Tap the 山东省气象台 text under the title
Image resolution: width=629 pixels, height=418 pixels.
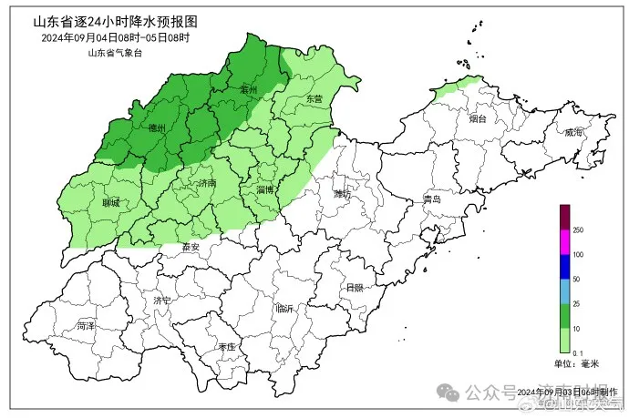click(115, 53)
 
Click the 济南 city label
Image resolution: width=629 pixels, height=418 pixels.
click(207, 183)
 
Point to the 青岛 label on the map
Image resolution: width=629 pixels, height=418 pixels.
click(432, 199)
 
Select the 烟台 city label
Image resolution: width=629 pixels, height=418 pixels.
click(479, 118)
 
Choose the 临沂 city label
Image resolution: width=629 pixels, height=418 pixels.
click(284, 309)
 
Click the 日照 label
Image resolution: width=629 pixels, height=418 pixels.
click(355, 287)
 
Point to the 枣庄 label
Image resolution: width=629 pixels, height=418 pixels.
click(227, 347)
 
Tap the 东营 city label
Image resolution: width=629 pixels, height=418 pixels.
click(314, 97)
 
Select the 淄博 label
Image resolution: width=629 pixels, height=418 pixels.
click(266, 189)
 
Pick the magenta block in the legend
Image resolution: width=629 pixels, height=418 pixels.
click(564, 242)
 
